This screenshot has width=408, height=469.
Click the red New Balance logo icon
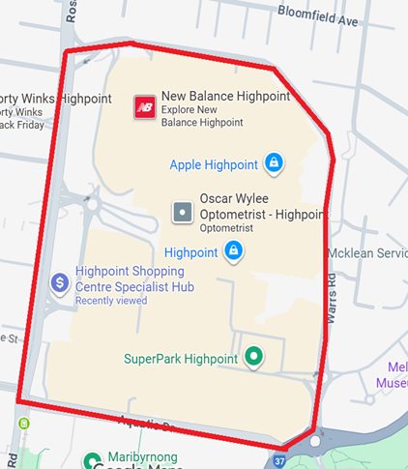coord(145,106)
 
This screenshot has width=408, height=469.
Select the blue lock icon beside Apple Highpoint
coord(274,163)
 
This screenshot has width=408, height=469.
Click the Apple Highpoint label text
coord(213,164)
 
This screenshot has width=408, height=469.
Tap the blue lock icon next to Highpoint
coord(233,252)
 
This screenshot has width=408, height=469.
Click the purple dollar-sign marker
coord(59,282)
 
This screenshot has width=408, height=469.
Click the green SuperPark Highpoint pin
coord(254,358)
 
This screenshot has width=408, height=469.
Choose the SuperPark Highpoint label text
coord(181,359)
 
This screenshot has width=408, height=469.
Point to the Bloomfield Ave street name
coord(317,17)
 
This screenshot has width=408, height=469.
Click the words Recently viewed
coord(111,302)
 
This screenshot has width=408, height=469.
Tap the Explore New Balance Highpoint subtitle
coord(202,116)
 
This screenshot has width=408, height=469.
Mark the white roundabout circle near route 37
coord(316,441)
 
